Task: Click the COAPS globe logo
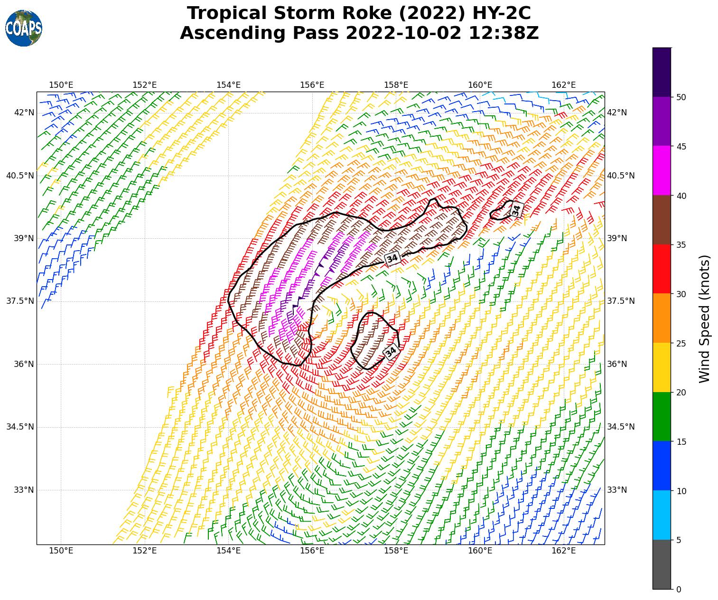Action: pyautogui.click(x=24, y=28)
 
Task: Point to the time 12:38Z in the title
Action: pyautogui.click(x=504, y=33)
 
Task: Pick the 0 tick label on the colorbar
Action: pyautogui.click(x=678, y=590)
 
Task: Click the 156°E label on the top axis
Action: pyautogui.click(x=312, y=85)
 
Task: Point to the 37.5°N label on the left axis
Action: pyautogui.click(x=20, y=301)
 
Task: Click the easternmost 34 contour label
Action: pyautogui.click(x=516, y=209)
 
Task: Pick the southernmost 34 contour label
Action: pyautogui.click(x=391, y=352)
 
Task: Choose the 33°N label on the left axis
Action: pyautogui.click(x=24, y=490)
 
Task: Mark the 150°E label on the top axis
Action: pyautogui.click(x=61, y=85)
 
